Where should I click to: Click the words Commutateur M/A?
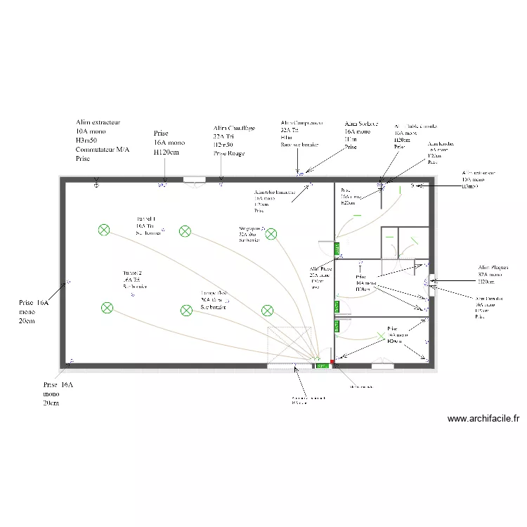coord(102,149)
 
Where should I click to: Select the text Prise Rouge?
coord(229,153)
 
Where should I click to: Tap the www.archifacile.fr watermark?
coord(484,419)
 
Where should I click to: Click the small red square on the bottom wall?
coord(332,362)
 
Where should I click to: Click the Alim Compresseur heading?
coord(301,122)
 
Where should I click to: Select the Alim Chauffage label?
coord(234,129)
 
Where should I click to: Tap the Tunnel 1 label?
coord(146,219)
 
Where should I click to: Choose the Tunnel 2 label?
coord(133,273)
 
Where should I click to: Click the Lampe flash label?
coord(214,292)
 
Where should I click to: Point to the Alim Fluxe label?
coord(320,268)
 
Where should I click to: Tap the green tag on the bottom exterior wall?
coord(322,366)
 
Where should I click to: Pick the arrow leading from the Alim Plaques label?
coord(453,281)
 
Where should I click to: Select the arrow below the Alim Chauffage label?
coord(221,169)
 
